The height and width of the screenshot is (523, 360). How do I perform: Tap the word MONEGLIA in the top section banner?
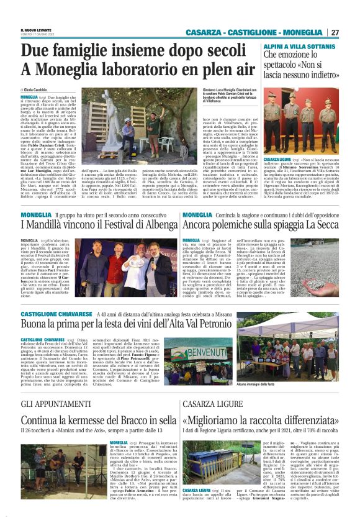300,32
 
